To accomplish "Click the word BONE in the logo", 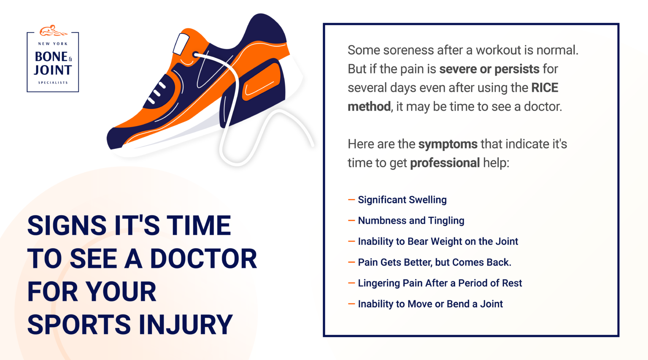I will tap(51, 57).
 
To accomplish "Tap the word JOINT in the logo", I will tap(53, 70).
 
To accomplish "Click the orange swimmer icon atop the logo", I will tap(53, 30).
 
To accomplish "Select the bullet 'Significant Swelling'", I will tap(402, 200).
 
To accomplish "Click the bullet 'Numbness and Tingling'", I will tap(411, 221).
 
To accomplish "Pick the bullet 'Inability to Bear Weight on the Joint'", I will tap(438, 241).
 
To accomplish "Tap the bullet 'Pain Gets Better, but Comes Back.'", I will tap(435, 263).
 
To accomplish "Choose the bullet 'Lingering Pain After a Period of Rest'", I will tap(440, 283).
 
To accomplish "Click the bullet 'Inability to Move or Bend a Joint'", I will tap(430, 304).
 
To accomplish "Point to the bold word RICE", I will tap(545, 88).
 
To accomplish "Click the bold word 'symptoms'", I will tap(448, 144).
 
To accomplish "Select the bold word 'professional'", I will tap(445, 163).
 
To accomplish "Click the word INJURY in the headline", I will tap(186, 325).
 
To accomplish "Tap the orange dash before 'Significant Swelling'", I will tap(351, 200).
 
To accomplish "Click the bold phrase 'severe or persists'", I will tap(489, 69).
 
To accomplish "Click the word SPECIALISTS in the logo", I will tap(53, 83).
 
